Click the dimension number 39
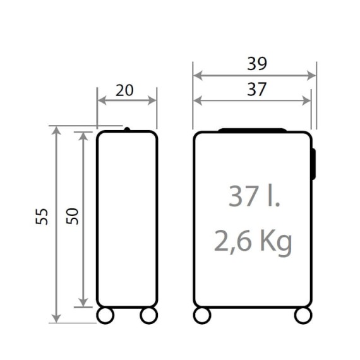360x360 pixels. [x=257, y=64]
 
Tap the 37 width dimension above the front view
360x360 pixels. [x=256, y=89]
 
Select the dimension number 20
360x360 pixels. [x=124, y=90]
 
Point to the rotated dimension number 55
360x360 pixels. [x=42, y=216]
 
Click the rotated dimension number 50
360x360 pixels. [x=73, y=216]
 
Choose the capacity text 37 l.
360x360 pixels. [x=254, y=196]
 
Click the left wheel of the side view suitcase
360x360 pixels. [x=105, y=315]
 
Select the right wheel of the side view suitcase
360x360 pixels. [x=149, y=315]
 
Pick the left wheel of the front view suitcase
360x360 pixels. [x=202, y=315]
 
